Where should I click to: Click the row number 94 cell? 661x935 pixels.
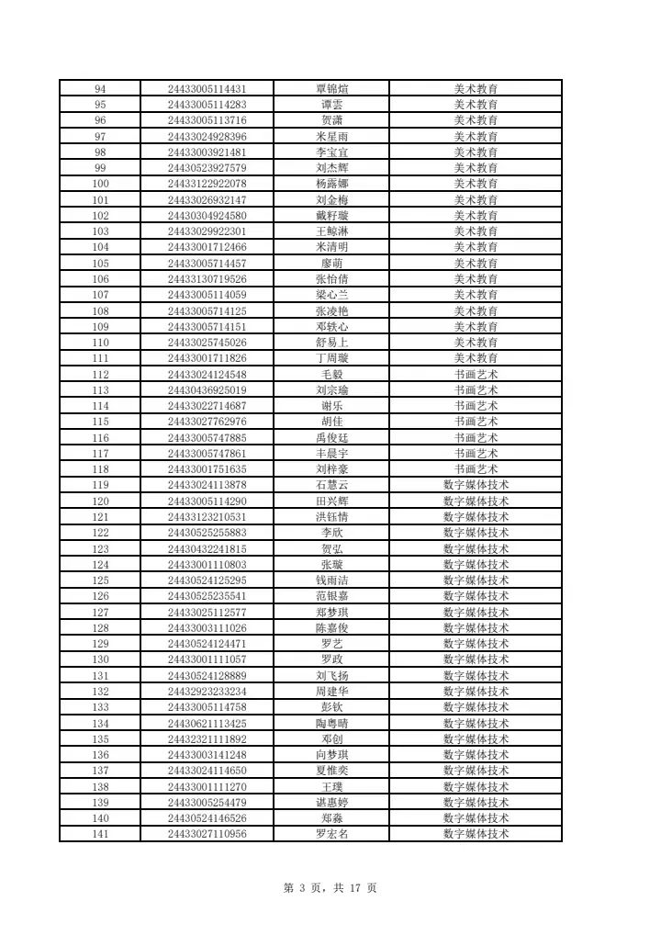100,89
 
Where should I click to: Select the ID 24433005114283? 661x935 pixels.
207,105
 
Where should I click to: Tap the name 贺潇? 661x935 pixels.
331,120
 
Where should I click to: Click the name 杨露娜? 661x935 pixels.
331,184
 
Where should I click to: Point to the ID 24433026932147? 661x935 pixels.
207,200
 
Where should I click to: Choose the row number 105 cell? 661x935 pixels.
100,264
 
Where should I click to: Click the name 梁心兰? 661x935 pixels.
331,295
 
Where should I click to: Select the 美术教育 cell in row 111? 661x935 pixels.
476,358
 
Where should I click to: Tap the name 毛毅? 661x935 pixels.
331,375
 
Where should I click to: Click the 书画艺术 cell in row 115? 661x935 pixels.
476,422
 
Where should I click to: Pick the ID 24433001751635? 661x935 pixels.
207,469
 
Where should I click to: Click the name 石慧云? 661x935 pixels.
331,485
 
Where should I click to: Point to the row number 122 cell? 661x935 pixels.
100,533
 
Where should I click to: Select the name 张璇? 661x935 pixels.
331,565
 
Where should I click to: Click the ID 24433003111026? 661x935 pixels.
207,628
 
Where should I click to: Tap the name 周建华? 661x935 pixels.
331,692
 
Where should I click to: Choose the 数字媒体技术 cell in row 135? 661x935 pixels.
476,739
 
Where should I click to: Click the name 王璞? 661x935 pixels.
331,787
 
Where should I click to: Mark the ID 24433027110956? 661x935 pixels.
207,834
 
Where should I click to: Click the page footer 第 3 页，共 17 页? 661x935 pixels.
330,887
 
